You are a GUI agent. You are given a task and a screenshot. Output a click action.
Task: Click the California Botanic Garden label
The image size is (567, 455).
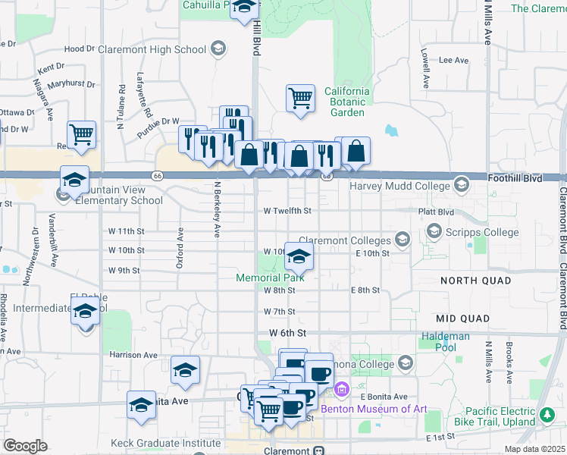[347, 102]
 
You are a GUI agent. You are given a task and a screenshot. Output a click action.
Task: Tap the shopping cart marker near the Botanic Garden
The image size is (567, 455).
[300, 98]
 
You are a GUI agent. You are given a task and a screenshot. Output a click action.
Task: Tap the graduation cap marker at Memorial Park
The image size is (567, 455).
[299, 258]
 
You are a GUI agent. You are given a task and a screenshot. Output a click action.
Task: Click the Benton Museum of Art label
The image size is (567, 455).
[374, 409]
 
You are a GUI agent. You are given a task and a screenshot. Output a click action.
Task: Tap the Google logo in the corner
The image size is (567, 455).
[25, 445]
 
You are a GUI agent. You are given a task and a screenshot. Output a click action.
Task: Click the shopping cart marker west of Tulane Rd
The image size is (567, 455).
[81, 135]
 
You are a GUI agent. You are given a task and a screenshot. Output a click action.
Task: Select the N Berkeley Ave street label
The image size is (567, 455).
[217, 210]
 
